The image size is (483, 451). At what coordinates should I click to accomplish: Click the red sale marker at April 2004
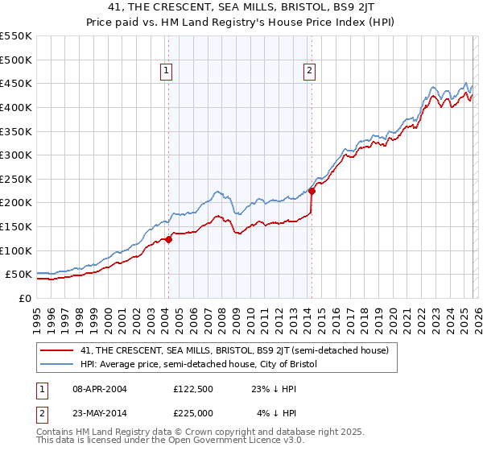tap(168, 239)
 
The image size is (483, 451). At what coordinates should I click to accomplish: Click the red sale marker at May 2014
tap(312, 191)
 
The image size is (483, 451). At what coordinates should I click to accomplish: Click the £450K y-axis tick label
tap(16, 83)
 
